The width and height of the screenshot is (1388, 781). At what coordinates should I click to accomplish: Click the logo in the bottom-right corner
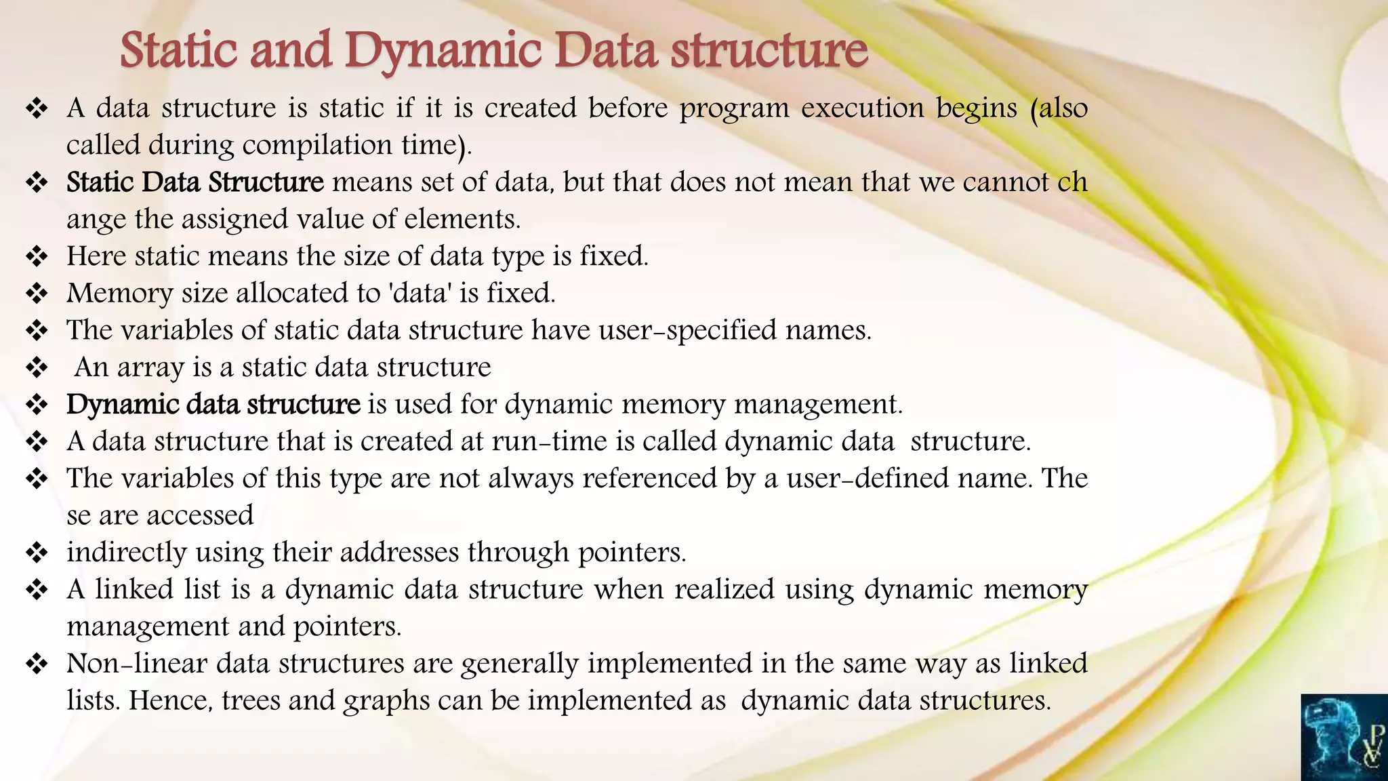coord(1344,738)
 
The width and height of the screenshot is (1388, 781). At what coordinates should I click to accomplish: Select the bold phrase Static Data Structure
coord(195,182)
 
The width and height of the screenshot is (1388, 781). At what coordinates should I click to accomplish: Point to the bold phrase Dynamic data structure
coord(213,404)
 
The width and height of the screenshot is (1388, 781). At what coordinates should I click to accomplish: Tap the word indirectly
coord(127,553)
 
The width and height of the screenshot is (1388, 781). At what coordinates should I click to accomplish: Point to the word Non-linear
coord(136,663)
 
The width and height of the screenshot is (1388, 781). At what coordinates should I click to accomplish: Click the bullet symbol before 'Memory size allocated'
coord(37,294)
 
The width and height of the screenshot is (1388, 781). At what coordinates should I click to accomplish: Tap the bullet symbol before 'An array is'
coord(37,367)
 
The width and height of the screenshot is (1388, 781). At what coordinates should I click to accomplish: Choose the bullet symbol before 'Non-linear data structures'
coord(37,663)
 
